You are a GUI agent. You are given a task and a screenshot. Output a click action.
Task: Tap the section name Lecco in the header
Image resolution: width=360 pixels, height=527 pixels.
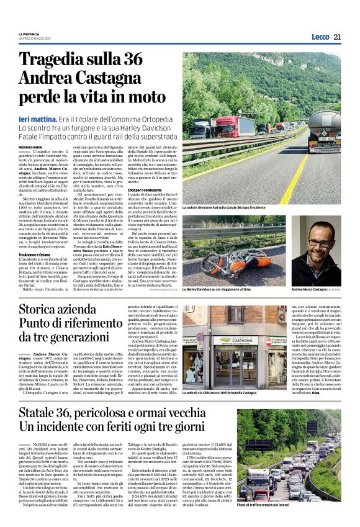point(320,37)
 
